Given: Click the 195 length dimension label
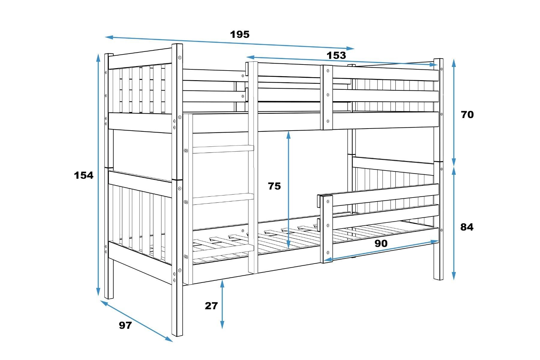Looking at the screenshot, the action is [x=240, y=35].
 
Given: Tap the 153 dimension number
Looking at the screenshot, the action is [x=336, y=56].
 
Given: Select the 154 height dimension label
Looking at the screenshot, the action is [x=84, y=175].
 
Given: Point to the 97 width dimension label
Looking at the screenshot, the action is [x=125, y=325].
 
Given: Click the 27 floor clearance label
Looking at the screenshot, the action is [x=211, y=306].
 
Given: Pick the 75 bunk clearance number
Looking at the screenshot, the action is [x=274, y=186].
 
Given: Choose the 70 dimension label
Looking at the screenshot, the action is [x=467, y=114].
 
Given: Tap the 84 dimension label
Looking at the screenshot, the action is [x=467, y=227].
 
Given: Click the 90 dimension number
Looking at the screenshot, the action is [x=381, y=244].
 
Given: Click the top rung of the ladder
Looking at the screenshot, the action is [x=223, y=149].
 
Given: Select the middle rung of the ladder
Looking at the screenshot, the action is [x=223, y=199].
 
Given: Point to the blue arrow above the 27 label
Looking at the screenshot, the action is [x=222, y=304].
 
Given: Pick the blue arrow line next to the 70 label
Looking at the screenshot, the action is [x=454, y=113].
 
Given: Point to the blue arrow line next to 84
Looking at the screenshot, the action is [x=454, y=223].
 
